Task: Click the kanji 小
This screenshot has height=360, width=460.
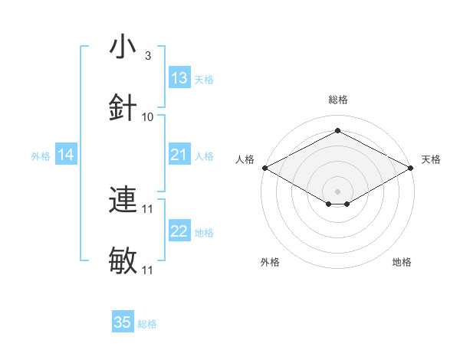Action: coord(123,47)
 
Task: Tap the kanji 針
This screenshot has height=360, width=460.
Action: coord(123,107)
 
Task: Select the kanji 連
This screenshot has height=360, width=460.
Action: coord(123,200)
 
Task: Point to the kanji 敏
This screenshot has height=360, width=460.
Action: coord(123,260)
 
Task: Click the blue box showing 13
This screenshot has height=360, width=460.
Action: coord(179,78)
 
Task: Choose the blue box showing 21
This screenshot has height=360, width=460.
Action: coord(179,155)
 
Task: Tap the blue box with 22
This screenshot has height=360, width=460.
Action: coord(179,232)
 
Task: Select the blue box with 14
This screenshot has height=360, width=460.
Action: coord(66,155)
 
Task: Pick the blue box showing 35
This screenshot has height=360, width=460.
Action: coord(123,322)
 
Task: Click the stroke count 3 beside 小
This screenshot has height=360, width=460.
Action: coord(147,56)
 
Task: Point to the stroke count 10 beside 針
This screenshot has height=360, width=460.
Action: coord(148,116)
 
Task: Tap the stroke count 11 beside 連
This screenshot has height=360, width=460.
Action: coord(148,208)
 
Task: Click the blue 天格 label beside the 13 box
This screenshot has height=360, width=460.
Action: coord(204,79)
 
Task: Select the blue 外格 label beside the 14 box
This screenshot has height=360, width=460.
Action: coord(41,156)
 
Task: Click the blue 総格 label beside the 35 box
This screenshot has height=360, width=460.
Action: coord(147,324)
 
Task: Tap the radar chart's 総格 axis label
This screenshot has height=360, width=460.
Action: coord(337,100)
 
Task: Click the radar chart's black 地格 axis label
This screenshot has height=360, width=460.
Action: coord(402,262)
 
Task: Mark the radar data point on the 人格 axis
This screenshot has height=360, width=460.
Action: coord(264,168)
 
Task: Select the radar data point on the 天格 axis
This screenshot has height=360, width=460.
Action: coord(412,168)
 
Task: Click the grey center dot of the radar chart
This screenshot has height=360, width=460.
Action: coord(337,191)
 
